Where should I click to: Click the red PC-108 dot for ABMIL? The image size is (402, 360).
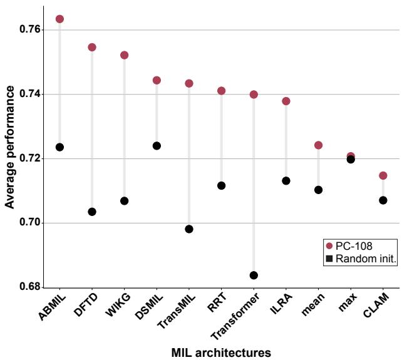(59, 19)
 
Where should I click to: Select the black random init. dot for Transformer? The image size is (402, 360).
(254, 275)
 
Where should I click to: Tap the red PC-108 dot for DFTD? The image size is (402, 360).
(92, 47)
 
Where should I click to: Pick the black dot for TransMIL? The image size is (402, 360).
(189, 229)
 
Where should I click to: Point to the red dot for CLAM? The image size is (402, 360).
(383, 175)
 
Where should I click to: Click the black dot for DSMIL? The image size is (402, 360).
(157, 146)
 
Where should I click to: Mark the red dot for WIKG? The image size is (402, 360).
(124, 55)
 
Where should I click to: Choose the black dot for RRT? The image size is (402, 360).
(221, 185)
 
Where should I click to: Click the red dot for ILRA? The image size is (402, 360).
(286, 101)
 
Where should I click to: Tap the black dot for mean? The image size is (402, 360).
(318, 190)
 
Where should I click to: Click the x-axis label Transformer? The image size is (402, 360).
(237, 316)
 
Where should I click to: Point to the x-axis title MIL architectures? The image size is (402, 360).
(221, 352)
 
